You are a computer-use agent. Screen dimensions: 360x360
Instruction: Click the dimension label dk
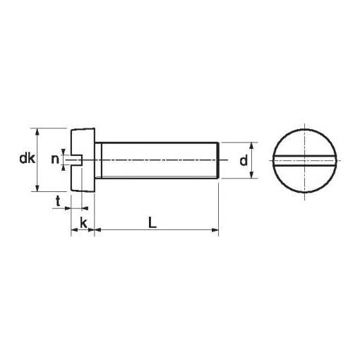(28, 158)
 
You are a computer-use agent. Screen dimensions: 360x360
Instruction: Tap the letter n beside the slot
(55, 160)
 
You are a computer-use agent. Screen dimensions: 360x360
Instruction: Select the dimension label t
(58, 201)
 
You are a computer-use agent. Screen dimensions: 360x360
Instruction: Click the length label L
(152, 222)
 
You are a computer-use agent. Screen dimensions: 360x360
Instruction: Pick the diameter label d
(244, 160)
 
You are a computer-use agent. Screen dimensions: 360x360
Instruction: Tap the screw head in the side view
(83, 160)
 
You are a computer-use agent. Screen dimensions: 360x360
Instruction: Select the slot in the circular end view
(305, 161)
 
